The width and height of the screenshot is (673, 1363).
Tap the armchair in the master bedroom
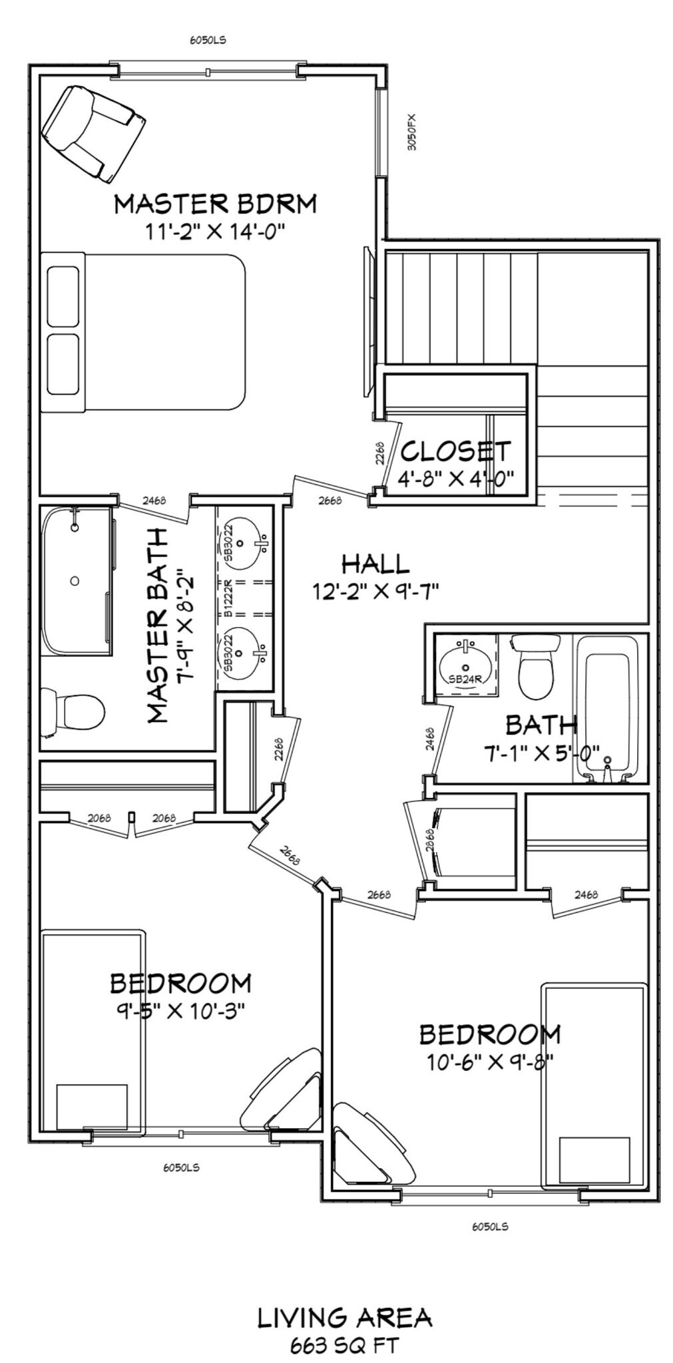tap(93, 134)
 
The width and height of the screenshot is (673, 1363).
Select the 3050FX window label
tap(412, 132)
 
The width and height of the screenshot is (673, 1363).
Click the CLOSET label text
tap(455, 451)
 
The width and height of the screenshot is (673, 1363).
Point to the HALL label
tap(375, 564)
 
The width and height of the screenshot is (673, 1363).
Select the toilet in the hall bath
tap(536, 665)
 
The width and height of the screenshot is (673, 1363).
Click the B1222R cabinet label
tap(228, 600)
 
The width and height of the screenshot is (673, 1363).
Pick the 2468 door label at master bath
tap(154, 500)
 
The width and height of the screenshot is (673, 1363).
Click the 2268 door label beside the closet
tap(379, 453)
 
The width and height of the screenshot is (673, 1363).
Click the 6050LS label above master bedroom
tap(208, 40)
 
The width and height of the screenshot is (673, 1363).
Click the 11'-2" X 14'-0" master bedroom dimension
tap(215, 232)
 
